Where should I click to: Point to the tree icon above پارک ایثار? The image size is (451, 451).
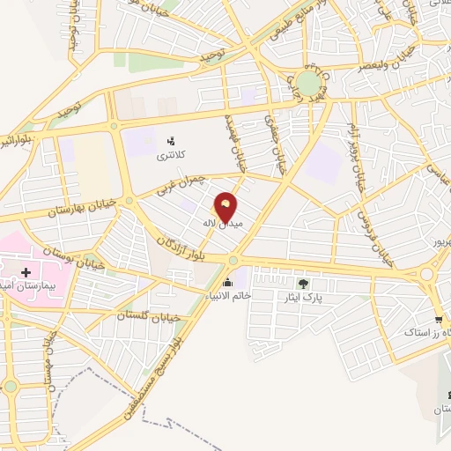(x=304, y=284)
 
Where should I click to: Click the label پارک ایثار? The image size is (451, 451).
(x=305, y=298)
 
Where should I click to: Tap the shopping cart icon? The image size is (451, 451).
(x=438, y=319)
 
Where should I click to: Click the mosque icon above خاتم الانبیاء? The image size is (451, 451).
(x=229, y=283)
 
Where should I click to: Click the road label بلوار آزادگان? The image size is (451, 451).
(x=185, y=248)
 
